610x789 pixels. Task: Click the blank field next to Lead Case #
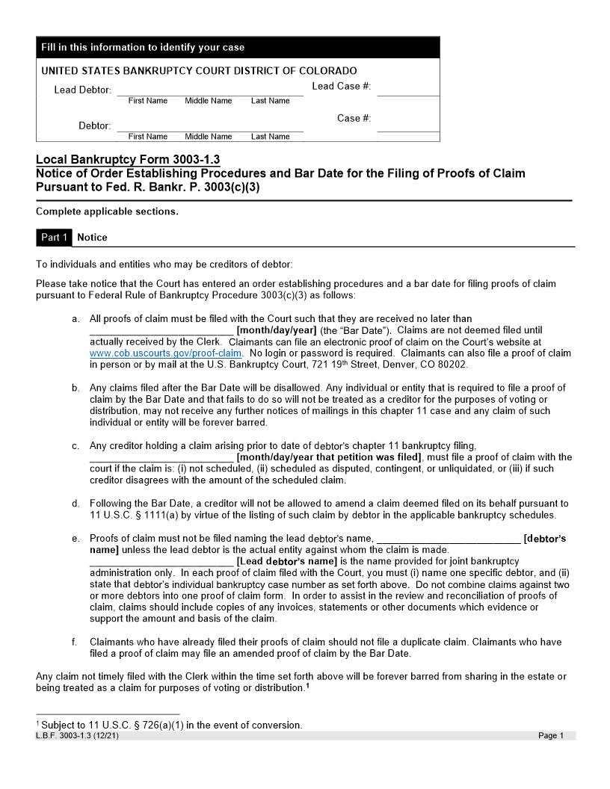407,88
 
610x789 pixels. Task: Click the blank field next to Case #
407,124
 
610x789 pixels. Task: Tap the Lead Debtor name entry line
210,90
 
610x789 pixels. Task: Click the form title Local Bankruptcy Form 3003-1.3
128,159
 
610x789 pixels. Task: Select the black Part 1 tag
55,238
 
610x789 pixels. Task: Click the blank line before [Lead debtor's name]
161,561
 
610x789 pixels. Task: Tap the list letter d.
76,504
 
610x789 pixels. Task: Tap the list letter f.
76,642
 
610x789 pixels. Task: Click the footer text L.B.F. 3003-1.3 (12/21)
77,736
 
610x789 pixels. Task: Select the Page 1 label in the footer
551,736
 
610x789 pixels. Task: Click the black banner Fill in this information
238,48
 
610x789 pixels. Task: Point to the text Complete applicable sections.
107,211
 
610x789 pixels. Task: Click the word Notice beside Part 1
92,238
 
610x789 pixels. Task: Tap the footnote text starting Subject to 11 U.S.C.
171,725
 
